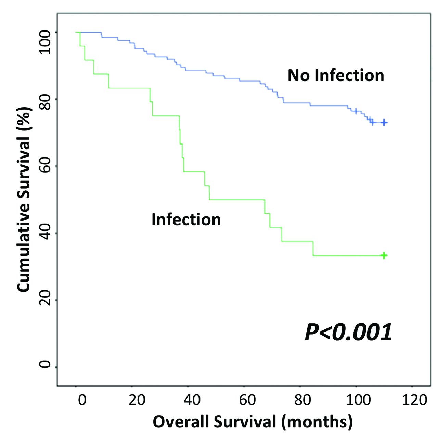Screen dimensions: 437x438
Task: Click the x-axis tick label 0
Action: [x=82, y=400]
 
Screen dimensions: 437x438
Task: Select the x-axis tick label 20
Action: [x=137, y=400]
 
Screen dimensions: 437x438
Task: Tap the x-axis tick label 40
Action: [x=192, y=400]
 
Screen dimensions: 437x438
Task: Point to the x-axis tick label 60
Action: [x=247, y=400]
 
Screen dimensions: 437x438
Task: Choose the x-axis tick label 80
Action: [x=302, y=400]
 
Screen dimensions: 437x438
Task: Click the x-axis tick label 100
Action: [x=358, y=400]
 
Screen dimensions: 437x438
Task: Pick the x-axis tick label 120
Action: [x=414, y=400]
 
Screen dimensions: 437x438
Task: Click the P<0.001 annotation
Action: [x=348, y=332]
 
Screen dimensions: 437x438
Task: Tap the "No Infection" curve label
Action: [x=336, y=75]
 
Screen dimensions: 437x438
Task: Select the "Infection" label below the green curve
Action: [x=186, y=220]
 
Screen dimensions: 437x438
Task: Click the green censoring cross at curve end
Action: [x=384, y=255]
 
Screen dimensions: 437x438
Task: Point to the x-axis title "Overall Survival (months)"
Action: [x=253, y=422]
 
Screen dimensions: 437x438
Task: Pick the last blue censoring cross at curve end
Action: [x=384, y=122]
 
